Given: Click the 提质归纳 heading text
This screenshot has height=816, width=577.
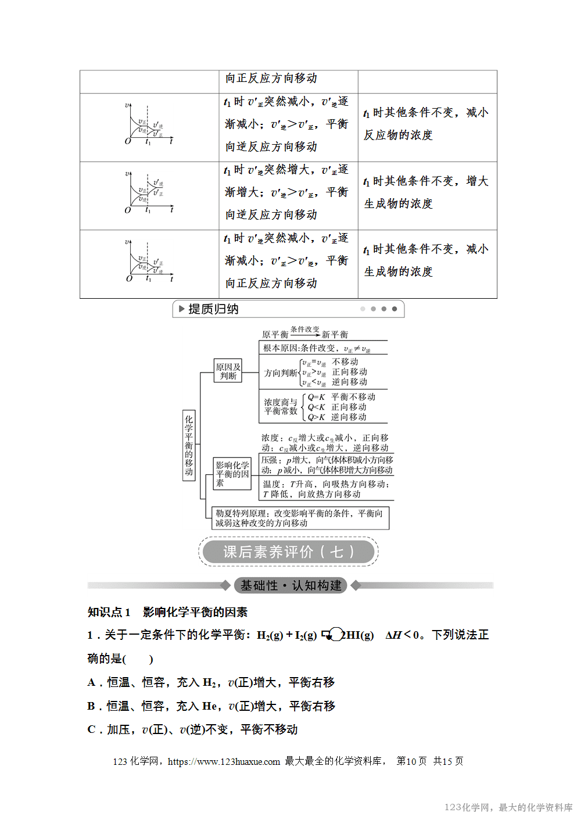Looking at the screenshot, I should click(x=213, y=309).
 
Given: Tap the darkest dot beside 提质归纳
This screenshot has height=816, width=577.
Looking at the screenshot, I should click(x=395, y=309).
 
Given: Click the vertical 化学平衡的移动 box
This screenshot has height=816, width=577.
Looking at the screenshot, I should click(x=189, y=445).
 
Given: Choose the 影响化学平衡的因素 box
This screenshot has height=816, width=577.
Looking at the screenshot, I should click(x=232, y=474).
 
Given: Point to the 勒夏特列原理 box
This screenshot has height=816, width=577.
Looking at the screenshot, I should click(x=300, y=518).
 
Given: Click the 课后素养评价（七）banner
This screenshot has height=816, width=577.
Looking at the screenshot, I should click(x=288, y=552).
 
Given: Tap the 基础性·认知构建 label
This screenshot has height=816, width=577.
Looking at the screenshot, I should click(x=291, y=585).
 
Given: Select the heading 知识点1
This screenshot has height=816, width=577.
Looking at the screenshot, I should click(x=109, y=612).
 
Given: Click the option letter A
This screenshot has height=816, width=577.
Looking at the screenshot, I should click(x=91, y=682).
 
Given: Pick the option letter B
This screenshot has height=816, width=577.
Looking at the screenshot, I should click(x=91, y=706).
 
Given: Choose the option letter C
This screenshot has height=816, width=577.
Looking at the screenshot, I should click(x=91, y=729).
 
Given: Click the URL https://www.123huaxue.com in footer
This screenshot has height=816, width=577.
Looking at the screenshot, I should click(x=224, y=761).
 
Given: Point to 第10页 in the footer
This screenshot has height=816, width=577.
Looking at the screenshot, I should click(x=411, y=761).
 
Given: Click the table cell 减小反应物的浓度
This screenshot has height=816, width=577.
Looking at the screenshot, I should click(x=427, y=124).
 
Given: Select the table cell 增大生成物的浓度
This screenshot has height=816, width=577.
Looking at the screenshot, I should click(x=427, y=192).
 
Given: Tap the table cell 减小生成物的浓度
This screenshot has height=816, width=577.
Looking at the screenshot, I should click(x=427, y=260).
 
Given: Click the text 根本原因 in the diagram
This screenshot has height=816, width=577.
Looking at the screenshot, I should click(x=281, y=348).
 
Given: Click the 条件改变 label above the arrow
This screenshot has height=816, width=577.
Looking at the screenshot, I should click(x=304, y=329).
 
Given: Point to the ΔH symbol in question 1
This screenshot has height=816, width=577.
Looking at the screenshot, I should click(x=393, y=635).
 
